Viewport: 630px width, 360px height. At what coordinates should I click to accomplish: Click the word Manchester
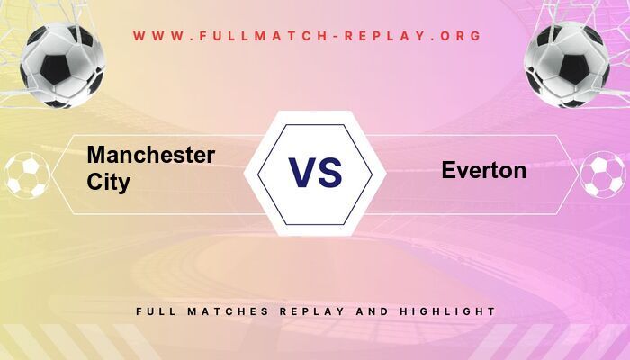(150, 155)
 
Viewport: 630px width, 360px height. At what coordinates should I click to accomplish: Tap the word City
(109, 182)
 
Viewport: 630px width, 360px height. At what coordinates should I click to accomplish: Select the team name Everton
(483, 170)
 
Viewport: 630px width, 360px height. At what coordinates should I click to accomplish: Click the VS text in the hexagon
(315, 172)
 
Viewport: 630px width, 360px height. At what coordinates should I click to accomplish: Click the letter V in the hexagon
(301, 172)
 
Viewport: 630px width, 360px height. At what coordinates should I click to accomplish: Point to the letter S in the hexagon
(330, 172)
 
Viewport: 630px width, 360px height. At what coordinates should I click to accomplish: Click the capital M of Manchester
(96, 155)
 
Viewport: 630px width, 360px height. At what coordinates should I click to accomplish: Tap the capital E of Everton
(448, 170)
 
